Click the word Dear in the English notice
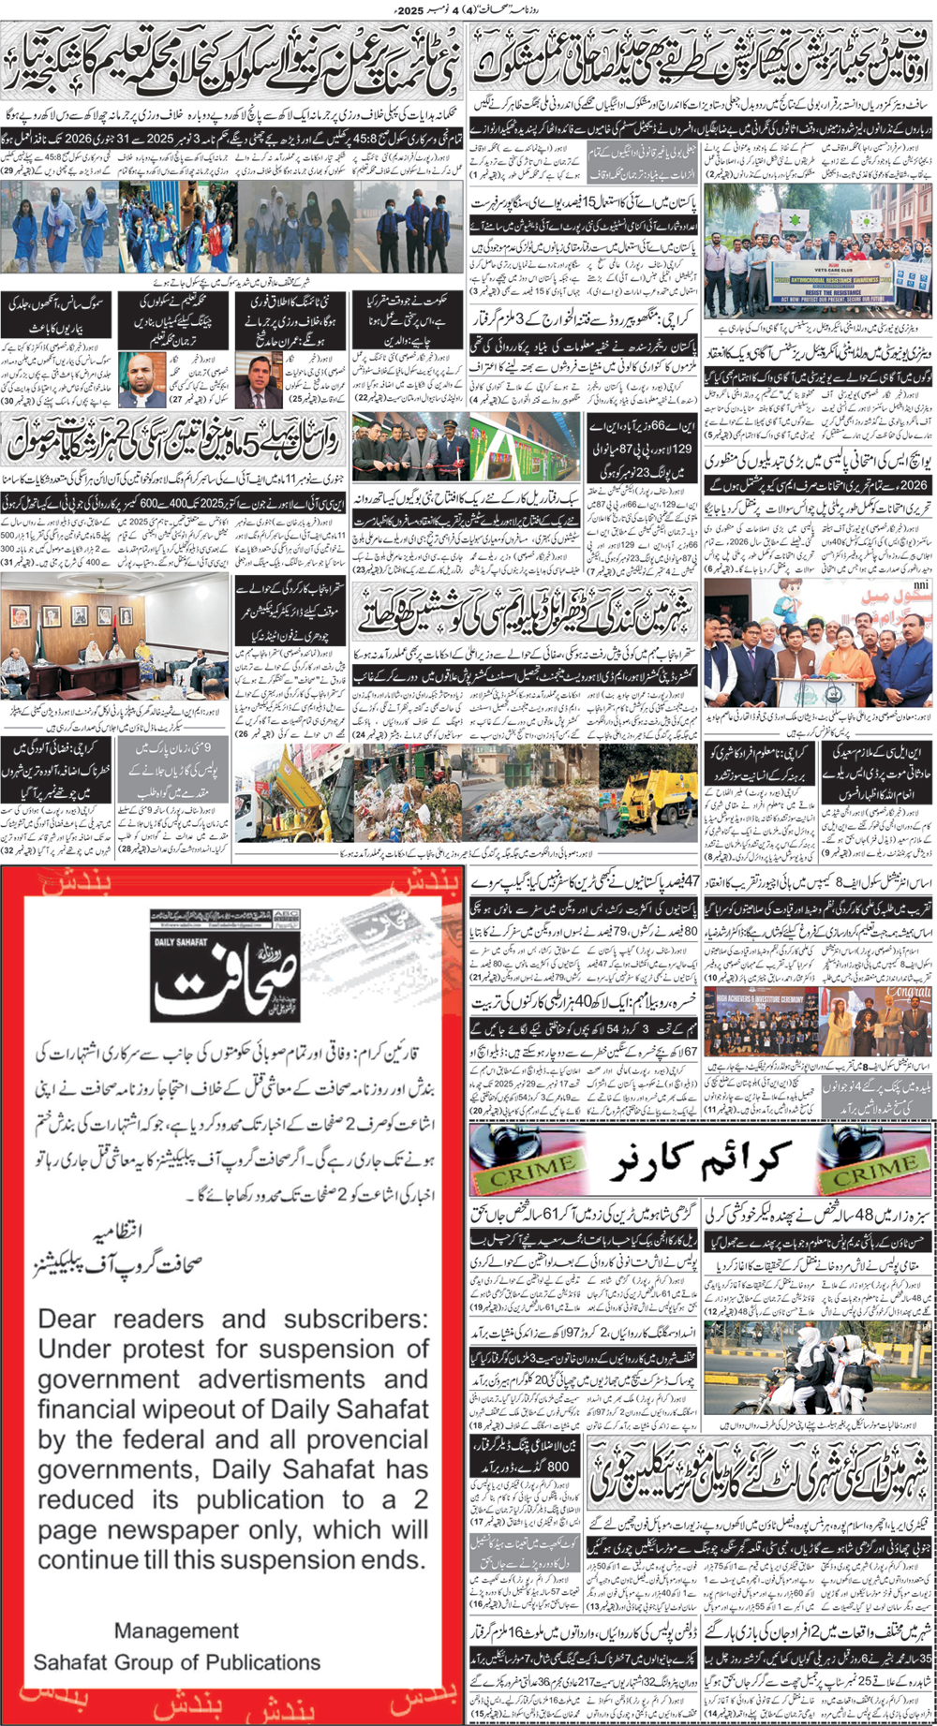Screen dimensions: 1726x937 click(x=67, y=1320)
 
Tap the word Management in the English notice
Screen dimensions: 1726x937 click(x=176, y=1630)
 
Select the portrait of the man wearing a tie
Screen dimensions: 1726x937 click(x=260, y=379)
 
